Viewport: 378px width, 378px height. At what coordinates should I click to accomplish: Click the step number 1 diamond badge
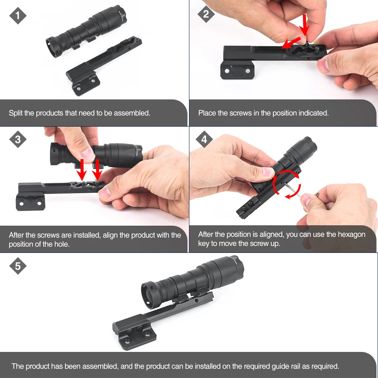coord(17,16)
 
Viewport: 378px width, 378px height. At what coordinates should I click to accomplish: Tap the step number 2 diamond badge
coord(206,14)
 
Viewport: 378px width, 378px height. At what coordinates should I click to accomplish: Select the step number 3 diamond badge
coord(17,139)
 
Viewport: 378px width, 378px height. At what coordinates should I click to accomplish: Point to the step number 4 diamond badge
coord(204,139)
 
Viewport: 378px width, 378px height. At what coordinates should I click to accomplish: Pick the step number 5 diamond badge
coord(17,266)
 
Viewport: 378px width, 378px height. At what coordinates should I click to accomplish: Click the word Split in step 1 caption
coord(15,113)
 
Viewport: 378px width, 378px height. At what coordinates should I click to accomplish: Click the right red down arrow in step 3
coord(97,169)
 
